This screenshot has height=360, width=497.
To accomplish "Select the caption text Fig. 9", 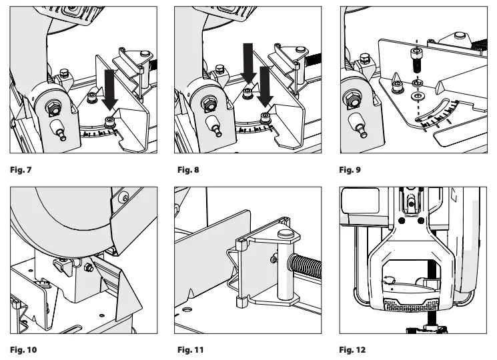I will [351, 169].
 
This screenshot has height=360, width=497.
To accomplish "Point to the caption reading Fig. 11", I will [187, 349].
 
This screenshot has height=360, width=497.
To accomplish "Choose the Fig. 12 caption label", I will [353, 349].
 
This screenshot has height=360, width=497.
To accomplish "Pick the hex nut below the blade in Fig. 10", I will [87, 268].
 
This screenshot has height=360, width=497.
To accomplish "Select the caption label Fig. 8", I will [185, 169].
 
